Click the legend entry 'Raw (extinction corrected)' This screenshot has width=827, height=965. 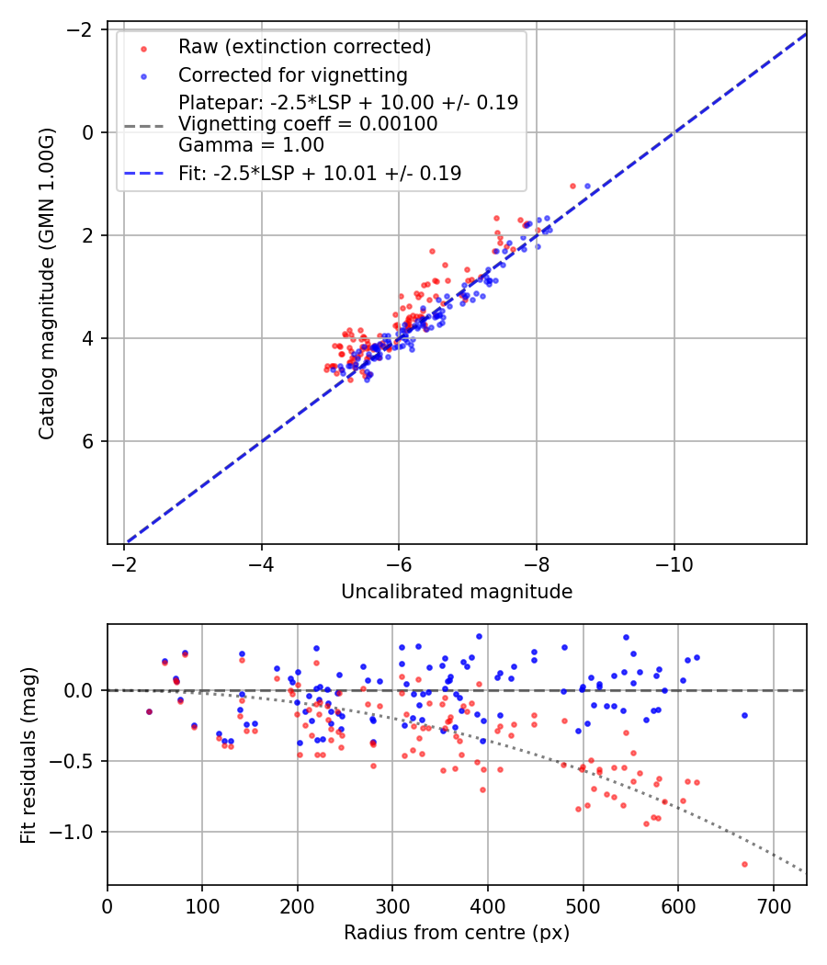[x=304, y=47]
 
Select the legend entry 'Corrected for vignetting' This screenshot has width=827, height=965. [x=292, y=74]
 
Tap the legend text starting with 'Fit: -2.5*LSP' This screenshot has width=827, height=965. [x=320, y=173]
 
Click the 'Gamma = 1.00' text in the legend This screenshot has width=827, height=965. [x=251, y=145]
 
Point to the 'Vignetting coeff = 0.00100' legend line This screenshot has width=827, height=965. [x=308, y=124]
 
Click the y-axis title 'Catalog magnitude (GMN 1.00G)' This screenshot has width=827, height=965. [x=47, y=283]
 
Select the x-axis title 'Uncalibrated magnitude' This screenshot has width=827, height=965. [x=457, y=592]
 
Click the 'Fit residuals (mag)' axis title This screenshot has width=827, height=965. [x=28, y=755]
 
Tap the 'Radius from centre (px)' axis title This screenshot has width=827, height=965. [x=457, y=933]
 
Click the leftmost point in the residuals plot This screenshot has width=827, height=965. [x=149, y=711]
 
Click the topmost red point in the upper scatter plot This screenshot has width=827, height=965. [x=572, y=186]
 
